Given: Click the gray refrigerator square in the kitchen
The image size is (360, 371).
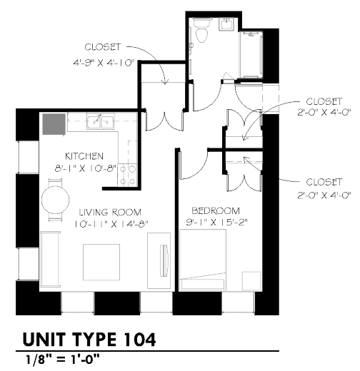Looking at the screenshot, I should click(52, 125).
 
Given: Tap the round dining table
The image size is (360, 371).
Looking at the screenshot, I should click(55, 198).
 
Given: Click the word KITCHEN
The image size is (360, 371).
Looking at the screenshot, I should click(84, 156).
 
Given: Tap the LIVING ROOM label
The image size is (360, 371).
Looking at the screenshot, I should click(110, 212).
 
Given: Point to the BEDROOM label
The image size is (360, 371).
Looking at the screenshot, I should click(215, 210).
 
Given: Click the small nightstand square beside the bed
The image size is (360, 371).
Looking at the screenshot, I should click(251, 280).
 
